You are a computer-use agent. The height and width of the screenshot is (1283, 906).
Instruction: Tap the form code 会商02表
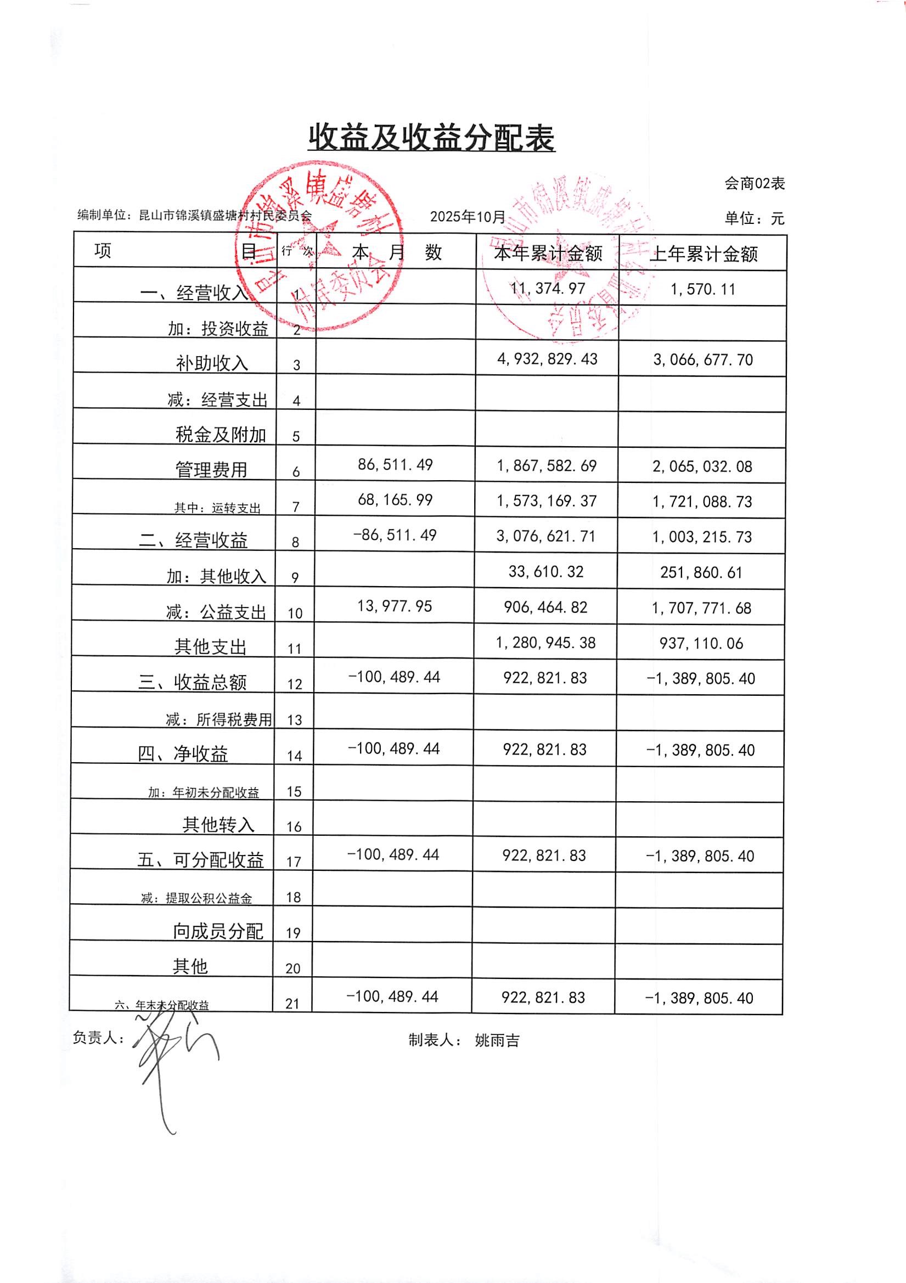point(755,183)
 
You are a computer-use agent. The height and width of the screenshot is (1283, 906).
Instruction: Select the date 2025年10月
point(467,217)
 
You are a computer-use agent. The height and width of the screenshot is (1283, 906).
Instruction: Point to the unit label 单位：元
point(755,218)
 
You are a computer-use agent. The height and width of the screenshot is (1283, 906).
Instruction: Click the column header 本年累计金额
point(548,254)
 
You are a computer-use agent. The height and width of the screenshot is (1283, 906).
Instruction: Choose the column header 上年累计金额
point(703,255)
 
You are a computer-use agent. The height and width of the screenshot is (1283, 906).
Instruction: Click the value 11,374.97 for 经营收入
point(548,288)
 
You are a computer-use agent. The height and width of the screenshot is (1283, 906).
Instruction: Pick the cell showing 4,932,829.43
point(547,359)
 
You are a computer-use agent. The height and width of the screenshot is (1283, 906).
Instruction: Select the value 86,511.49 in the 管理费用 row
point(395,464)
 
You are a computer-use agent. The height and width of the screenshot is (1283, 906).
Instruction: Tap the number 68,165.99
point(395,499)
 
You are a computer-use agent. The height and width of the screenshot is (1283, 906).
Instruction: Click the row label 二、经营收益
point(193,541)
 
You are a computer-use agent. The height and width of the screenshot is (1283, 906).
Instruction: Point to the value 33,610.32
point(546,571)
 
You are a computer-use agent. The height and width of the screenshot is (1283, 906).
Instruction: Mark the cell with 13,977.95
point(395,606)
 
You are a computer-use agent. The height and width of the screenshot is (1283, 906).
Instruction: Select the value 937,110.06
point(701,643)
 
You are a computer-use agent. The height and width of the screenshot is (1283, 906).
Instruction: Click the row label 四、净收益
point(183,754)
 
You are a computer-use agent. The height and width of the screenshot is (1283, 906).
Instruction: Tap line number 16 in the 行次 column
point(294,827)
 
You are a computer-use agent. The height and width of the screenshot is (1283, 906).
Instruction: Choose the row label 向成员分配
point(217,931)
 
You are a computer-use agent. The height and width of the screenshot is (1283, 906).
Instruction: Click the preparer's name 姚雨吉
point(497,1040)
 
